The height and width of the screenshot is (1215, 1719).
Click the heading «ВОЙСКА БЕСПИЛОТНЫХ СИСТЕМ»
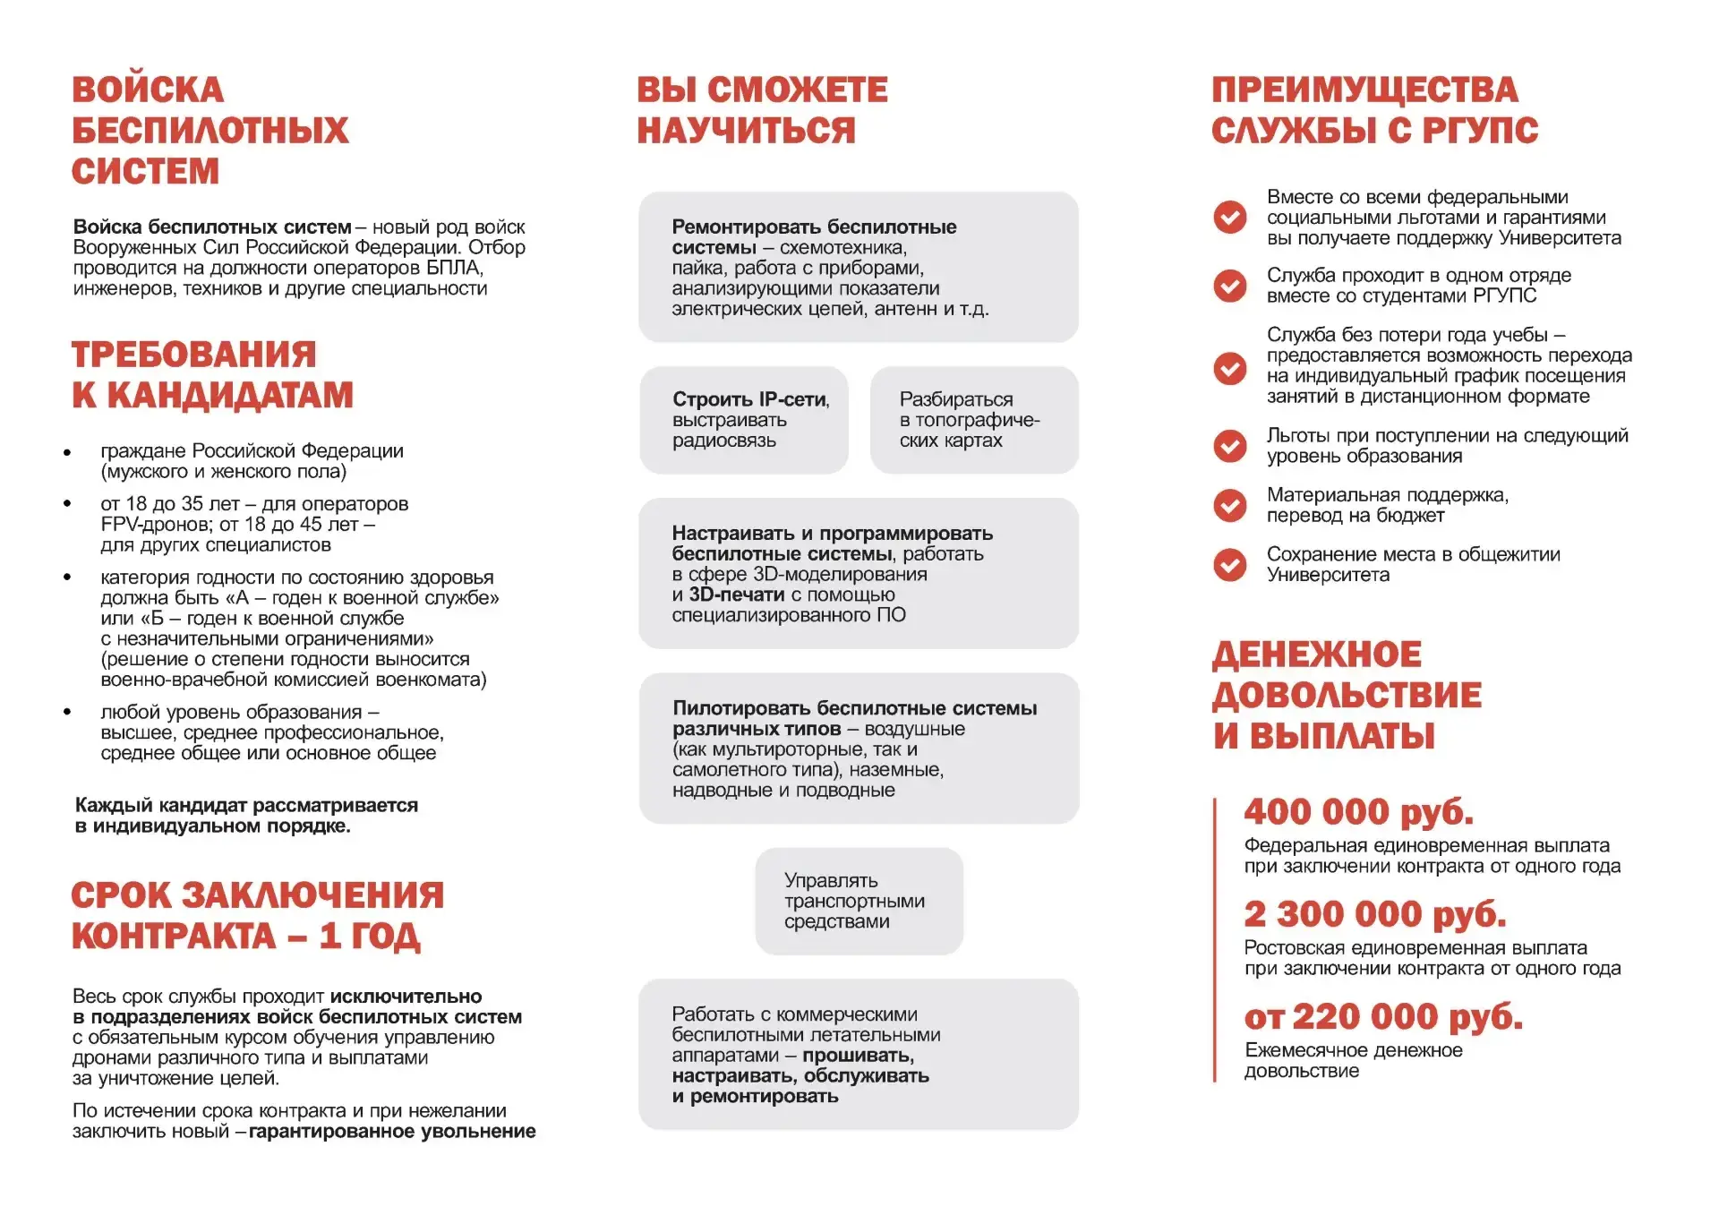click(x=210, y=130)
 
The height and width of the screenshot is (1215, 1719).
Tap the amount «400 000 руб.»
click(x=1358, y=812)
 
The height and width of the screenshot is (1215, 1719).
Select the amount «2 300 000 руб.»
click(x=1374, y=914)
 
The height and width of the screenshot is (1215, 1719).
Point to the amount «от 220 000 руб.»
click(x=1382, y=1016)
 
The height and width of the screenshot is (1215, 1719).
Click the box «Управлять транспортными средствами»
click(x=859, y=901)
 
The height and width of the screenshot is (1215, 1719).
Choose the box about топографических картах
click(x=974, y=420)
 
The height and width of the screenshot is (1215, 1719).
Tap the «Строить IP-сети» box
click(x=744, y=420)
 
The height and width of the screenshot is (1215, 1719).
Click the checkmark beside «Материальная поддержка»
click(x=1230, y=505)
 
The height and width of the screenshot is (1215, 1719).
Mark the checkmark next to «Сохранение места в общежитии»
click(x=1230, y=564)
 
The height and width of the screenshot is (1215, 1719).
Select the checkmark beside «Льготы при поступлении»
click(x=1230, y=446)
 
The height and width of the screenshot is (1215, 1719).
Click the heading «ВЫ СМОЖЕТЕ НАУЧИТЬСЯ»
click(x=762, y=110)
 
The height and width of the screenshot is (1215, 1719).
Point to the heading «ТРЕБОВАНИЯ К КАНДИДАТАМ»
click(x=212, y=374)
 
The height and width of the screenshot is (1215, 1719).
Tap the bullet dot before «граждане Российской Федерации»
click(x=67, y=452)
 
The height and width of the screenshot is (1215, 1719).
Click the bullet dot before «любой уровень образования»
click(x=67, y=713)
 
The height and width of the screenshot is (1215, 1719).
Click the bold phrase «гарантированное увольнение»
click(x=392, y=1132)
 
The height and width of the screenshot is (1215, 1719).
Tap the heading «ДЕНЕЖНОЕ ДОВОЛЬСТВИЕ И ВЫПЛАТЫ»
click(x=1347, y=695)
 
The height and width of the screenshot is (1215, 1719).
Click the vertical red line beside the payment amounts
click(x=1215, y=940)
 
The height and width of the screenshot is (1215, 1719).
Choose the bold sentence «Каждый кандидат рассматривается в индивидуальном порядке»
click(x=246, y=816)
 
